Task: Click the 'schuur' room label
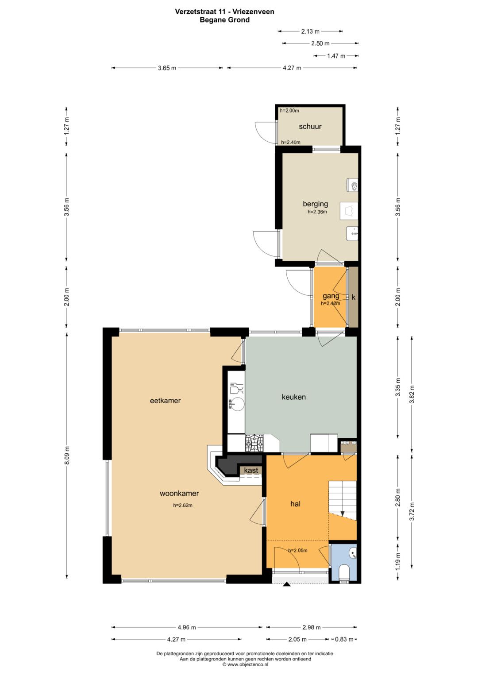coord(310,127)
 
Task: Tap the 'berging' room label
coord(315,204)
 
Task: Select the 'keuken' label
coord(293,397)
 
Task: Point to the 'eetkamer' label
coord(166,401)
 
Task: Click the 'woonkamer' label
coord(179,494)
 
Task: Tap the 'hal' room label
coord(296,504)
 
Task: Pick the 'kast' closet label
coord(251,471)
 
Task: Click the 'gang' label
coord(331,296)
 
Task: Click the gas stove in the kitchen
coord(254,443)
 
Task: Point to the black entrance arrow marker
coord(286,584)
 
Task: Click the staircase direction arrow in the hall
coord(343,513)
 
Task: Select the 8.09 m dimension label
coord(67,456)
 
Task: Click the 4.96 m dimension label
coord(187,627)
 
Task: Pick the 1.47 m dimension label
coord(336,56)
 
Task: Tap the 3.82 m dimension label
coord(412,394)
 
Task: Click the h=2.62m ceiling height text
coord(182,505)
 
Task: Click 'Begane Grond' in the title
coord(224,20)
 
